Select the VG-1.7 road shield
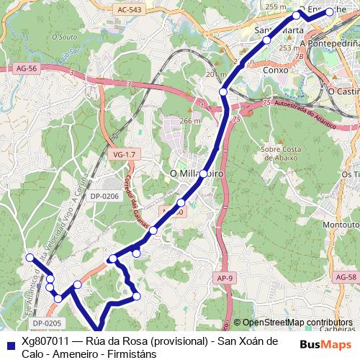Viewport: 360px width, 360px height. coord(125,154)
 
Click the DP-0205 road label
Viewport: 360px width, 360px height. coord(47,323)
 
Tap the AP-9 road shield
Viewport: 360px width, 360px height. coord(225,277)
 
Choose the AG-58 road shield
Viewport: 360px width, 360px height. coord(346,276)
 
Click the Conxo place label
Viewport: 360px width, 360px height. coord(276,71)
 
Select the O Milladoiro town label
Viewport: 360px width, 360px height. coord(196,174)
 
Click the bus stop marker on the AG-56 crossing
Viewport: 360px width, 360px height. coord(222,92)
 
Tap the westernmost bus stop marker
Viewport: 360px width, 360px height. coord(30,257)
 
